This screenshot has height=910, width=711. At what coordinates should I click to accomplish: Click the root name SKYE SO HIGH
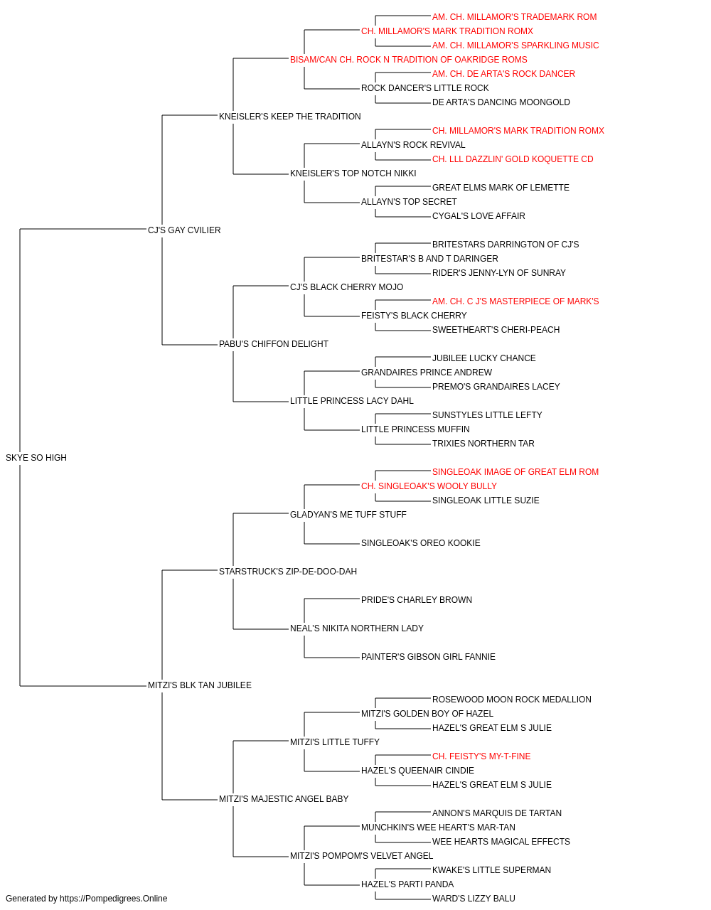(x=36, y=457)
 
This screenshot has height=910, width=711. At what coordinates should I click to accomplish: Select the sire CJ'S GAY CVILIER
(x=184, y=230)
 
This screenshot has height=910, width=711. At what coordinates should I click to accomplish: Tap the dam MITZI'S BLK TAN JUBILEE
(x=199, y=685)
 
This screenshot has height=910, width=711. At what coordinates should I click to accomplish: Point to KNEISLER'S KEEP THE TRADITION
(x=290, y=117)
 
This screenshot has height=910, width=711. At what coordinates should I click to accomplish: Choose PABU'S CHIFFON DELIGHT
(x=274, y=344)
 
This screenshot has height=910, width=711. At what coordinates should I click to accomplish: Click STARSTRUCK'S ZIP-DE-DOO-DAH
(x=288, y=571)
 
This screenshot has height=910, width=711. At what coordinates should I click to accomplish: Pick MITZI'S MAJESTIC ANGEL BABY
(x=284, y=798)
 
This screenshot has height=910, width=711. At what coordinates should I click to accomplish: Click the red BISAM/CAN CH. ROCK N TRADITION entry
(x=408, y=60)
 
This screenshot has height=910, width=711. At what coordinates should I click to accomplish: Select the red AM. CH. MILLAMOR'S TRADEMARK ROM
(x=514, y=17)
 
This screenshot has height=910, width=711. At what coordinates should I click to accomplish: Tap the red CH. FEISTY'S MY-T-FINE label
(x=481, y=756)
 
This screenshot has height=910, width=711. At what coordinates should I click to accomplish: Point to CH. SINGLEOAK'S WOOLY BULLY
(x=429, y=486)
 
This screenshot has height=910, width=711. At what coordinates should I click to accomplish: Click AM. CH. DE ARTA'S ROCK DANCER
(x=503, y=74)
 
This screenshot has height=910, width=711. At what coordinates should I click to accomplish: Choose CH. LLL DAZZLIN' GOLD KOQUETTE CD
(x=513, y=159)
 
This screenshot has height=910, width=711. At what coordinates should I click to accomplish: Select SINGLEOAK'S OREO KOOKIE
(x=420, y=542)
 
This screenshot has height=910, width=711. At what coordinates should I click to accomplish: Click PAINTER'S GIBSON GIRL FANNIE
(x=428, y=657)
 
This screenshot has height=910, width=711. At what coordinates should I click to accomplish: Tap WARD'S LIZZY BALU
(x=474, y=899)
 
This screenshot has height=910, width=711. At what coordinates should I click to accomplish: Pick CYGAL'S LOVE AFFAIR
(x=479, y=215)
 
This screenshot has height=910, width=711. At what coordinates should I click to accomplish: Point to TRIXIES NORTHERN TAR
(x=483, y=443)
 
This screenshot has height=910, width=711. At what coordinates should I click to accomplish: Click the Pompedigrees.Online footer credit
(x=86, y=899)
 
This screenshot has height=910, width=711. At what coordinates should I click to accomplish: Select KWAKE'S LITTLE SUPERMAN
(x=491, y=869)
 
